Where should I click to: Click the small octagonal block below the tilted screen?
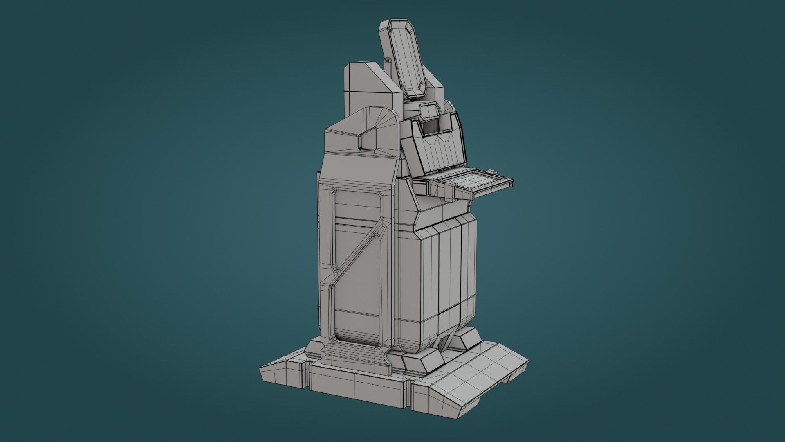coord(429,110)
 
